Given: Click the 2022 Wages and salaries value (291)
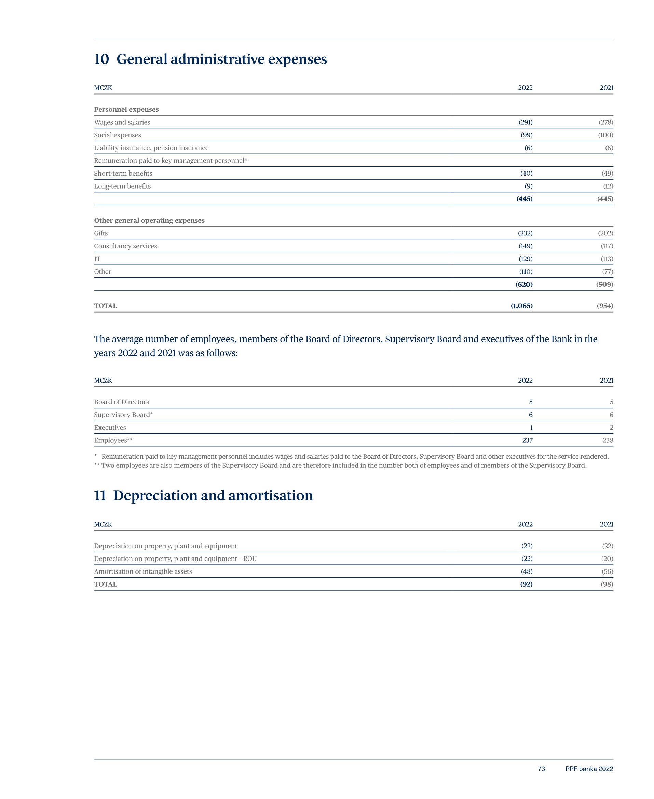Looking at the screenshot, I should [x=525, y=122].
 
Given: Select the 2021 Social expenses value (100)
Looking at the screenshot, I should [x=605, y=135].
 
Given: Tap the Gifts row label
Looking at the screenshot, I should [x=101, y=233].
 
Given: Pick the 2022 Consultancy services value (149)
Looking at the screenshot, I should [x=525, y=246].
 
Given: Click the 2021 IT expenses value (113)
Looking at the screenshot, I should [x=607, y=259].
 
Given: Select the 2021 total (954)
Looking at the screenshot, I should [x=605, y=306].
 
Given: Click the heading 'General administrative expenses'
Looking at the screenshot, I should [x=221, y=59].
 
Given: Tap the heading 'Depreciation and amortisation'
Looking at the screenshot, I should [x=213, y=496].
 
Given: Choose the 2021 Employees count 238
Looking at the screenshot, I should [x=608, y=441].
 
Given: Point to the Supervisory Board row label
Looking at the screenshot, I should [x=123, y=415].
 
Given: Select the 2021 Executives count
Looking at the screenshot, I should [x=611, y=428].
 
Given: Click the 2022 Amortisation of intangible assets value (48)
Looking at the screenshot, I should [x=526, y=571].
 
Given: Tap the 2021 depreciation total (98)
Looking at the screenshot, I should [x=607, y=584].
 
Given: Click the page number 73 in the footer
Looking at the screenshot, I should [x=541, y=769].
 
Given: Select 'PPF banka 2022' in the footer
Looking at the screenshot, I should [x=589, y=769].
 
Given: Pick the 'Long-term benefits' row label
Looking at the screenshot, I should [x=122, y=187].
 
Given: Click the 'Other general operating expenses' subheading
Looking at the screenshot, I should [x=149, y=221].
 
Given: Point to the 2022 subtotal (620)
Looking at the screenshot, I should [x=524, y=285].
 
